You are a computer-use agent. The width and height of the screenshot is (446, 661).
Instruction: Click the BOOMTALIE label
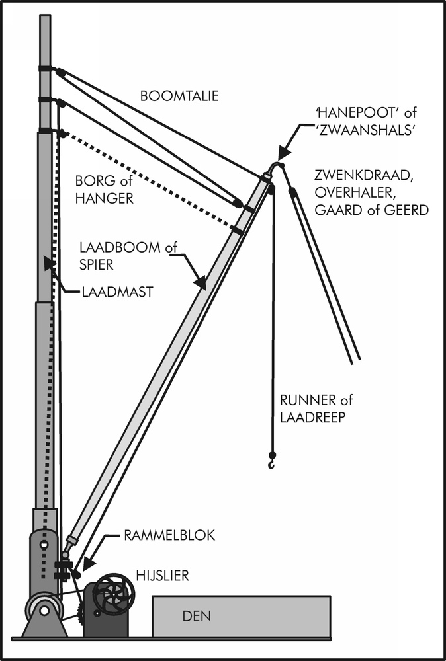click(x=179, y=97)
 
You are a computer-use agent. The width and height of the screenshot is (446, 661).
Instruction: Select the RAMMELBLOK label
click(x=169, y=535)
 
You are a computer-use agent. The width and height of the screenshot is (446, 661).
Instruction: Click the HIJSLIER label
click(x=162, y=576)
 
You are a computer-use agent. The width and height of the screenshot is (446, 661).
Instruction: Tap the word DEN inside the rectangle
click(x=196, y=617)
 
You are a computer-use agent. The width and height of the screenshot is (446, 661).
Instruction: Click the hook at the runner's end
click(x=272, y=461)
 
